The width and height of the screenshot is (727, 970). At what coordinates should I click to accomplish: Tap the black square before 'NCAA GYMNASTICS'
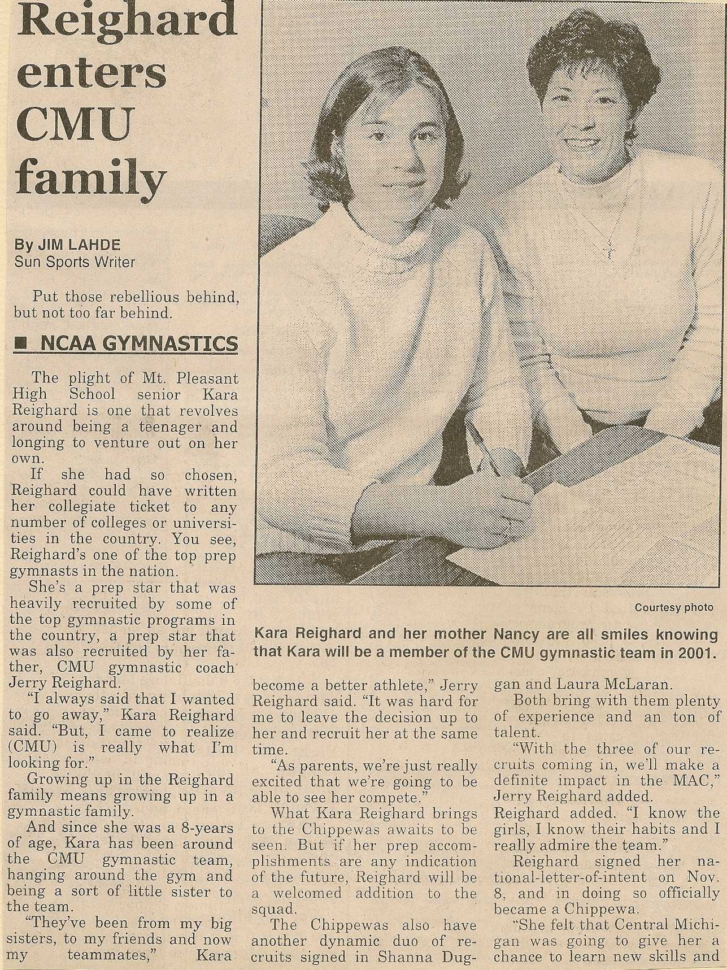tap(21, 343)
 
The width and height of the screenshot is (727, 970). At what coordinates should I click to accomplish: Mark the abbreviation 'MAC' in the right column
tap(698, 781)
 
